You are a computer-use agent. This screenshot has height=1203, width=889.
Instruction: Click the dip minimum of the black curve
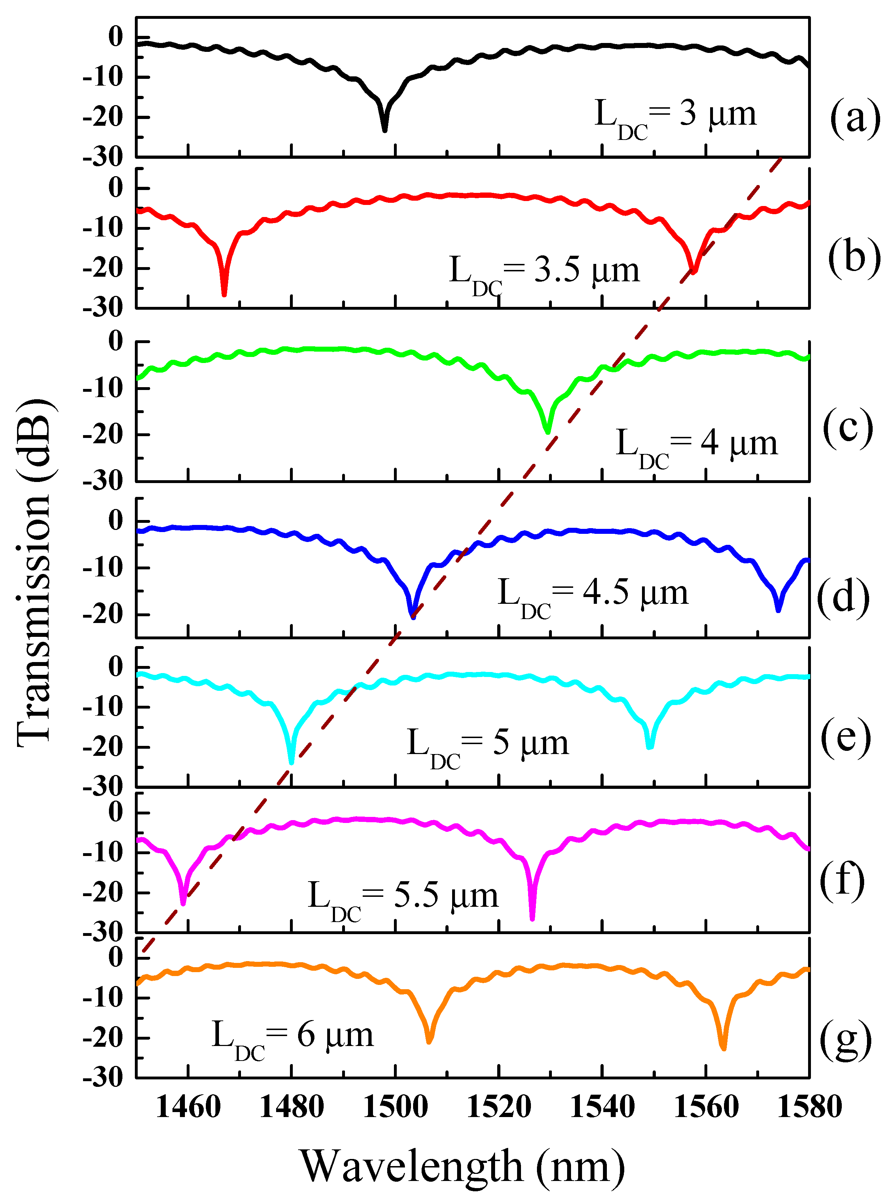(385, 129)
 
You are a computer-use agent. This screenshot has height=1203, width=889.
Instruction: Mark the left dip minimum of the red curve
(224, 294)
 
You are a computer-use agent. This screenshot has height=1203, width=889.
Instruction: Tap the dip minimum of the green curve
(548, 432)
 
